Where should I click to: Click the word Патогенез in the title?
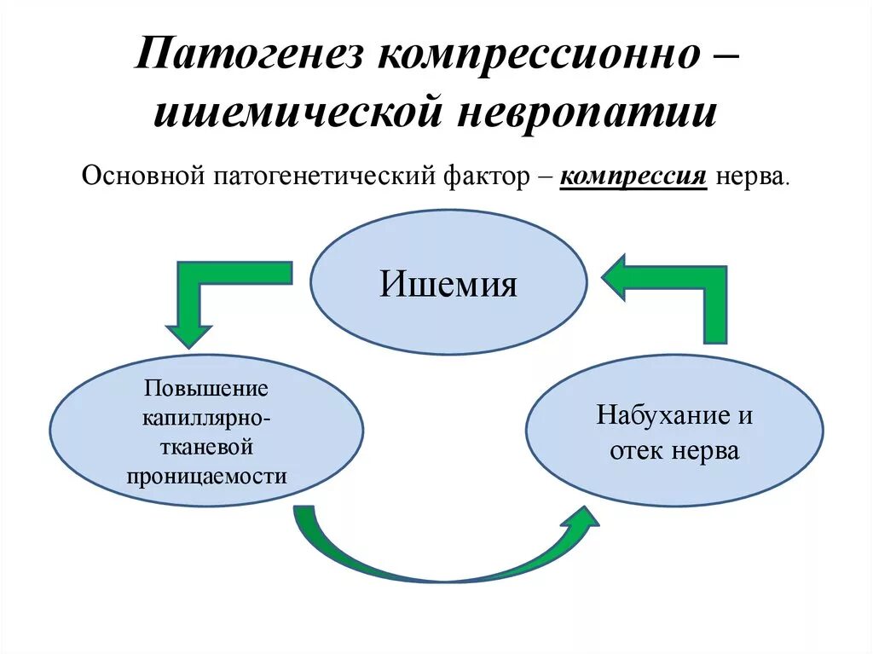point(248,58)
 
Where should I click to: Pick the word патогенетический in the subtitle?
point(324,177)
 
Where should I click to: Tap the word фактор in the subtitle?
point(482,177)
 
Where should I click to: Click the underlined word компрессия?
point(633,177)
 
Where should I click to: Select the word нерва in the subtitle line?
point(750,177)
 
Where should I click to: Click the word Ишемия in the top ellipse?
point(448,283)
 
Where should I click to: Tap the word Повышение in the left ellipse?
point(206,389)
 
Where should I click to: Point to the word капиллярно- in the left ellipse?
point(206,418)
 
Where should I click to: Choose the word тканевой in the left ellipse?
point(206,447)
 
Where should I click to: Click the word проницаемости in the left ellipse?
point(206,476)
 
